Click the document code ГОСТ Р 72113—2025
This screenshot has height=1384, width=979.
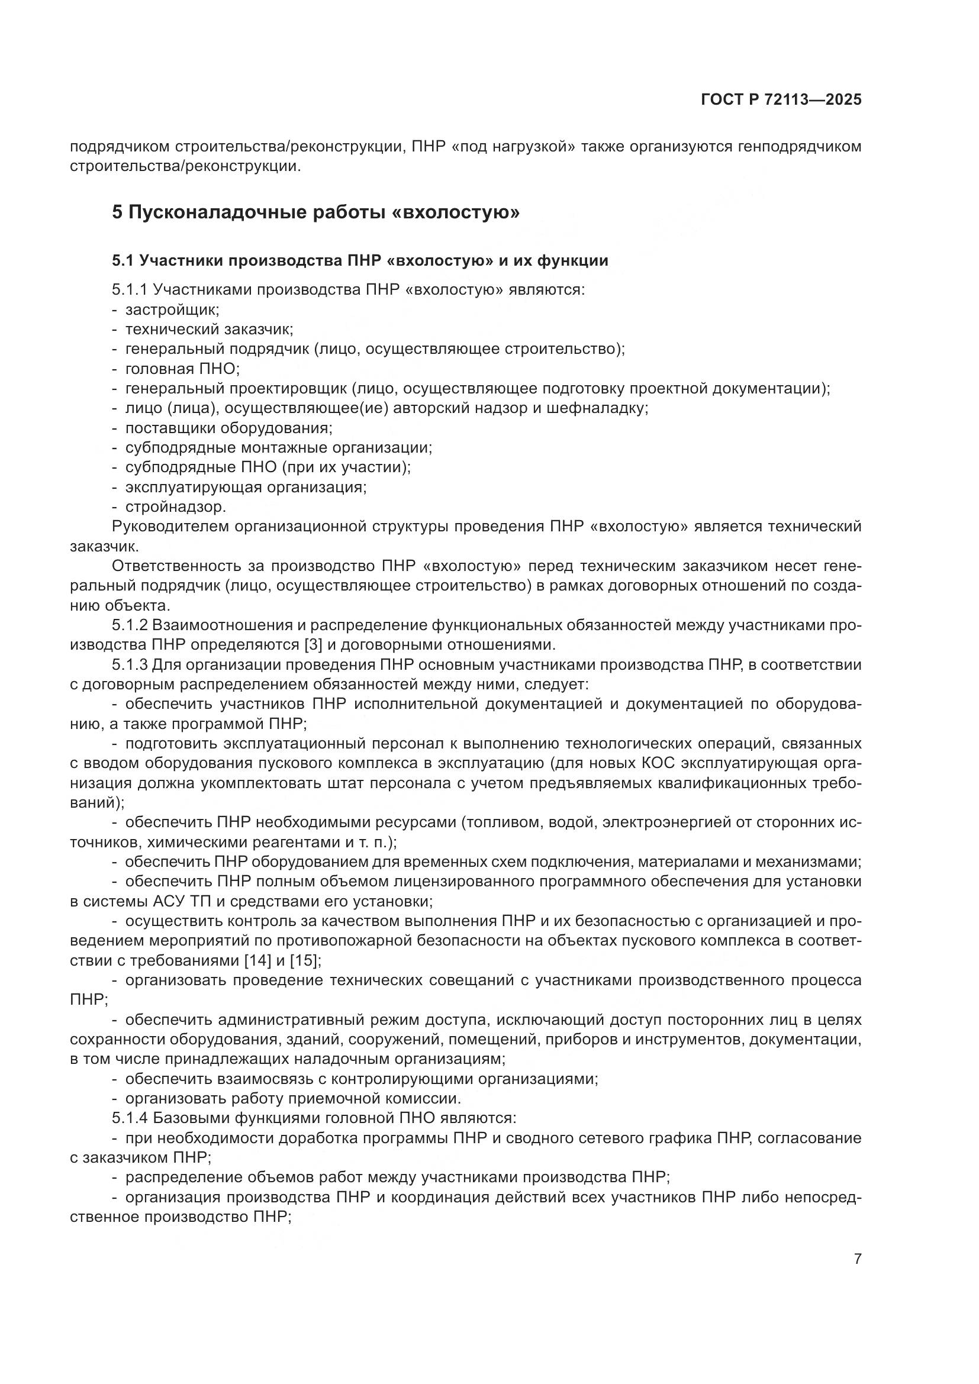[x=781, y=99]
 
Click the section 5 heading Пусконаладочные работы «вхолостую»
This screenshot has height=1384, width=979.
[x=315, y=213]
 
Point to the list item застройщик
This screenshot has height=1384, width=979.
[x=172, y=310]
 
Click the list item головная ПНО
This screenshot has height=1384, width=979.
[x=182, y=369]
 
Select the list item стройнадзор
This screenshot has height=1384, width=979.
[x=175, y=507]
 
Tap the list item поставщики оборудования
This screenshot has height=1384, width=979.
[x=228, y=428]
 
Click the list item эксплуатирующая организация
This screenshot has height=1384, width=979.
[x=246, y=487]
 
